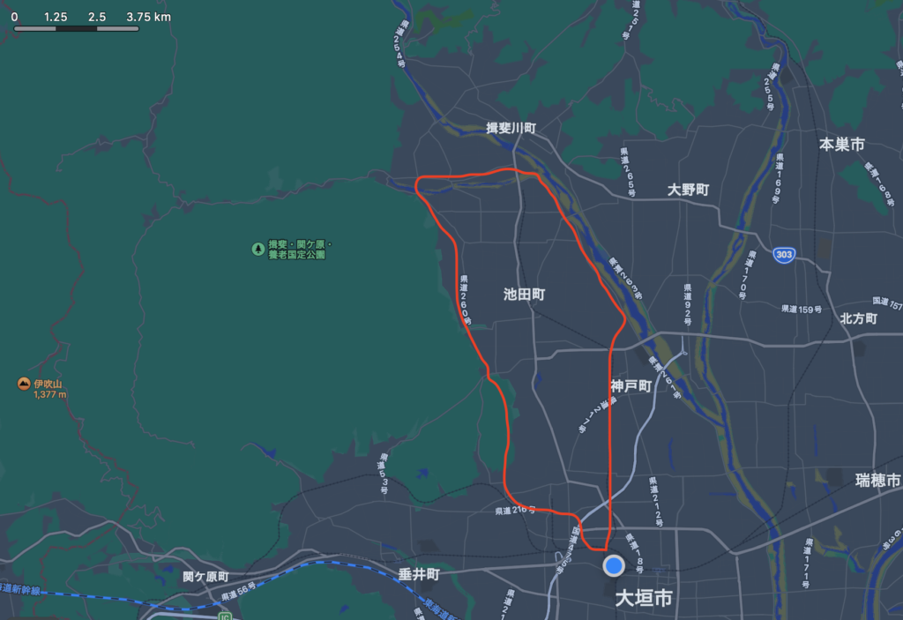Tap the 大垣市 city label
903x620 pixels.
click(644, 599)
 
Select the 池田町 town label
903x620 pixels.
click(524, 295)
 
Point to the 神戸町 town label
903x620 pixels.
click(631, 386)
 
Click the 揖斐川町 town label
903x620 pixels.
click(511, 128)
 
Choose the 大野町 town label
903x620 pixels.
click(688, 190)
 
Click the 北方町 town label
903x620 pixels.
click(858, 318)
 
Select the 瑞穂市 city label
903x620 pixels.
click(878, 480)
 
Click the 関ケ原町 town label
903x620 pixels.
click(205, 576)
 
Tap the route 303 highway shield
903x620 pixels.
click(783, 255)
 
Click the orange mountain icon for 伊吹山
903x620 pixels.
click(23, 384)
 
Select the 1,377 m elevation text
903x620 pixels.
click(50, 394)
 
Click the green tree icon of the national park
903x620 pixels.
click(257, 249)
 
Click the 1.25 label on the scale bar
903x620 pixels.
click(56, 17)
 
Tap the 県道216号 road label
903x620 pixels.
click(515, 511)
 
